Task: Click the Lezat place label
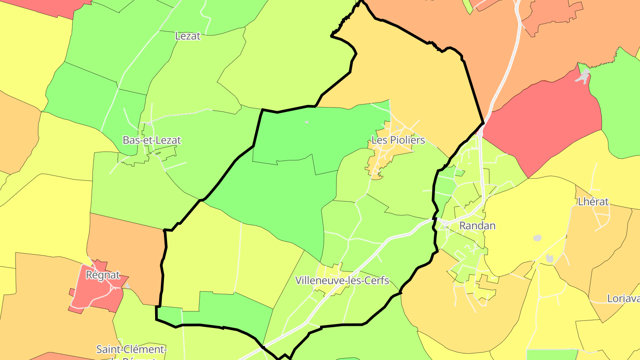(x=188, y=36)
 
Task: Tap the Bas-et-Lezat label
(x=152, y=140)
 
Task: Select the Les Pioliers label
(x=398, y=140)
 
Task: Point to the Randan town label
(x=477, y=226)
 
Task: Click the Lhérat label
(x=593, y=202)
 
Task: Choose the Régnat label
(x=103, y=275)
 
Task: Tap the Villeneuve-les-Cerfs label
(x=342, y=281)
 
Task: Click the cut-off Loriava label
(x=623, y=299)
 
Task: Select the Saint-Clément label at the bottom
(x=132, y=349)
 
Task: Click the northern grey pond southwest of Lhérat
(x=537, y=238)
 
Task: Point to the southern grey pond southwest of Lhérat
(x=549, y=258)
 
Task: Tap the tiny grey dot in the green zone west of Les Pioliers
(x=306, y=122)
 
